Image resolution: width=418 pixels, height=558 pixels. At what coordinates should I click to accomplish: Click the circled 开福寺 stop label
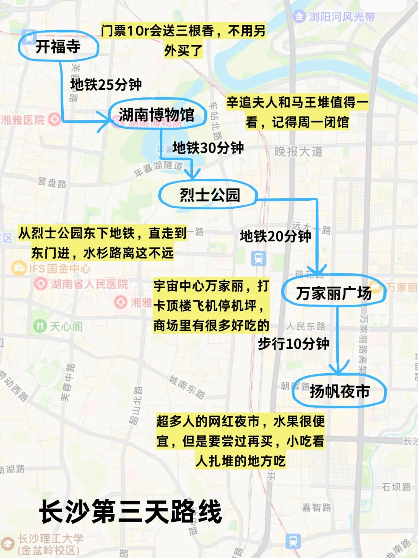58,47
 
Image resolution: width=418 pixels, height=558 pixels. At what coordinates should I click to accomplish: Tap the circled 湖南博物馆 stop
156,114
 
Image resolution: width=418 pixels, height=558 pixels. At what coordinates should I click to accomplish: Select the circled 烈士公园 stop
209,195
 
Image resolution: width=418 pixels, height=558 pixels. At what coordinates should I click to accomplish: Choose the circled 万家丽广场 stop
334,293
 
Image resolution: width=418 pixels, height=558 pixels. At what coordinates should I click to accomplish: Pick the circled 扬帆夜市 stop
339,391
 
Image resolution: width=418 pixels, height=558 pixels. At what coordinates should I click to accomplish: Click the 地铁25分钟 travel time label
106,84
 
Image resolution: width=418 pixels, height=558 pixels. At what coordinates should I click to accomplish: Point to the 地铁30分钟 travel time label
208,148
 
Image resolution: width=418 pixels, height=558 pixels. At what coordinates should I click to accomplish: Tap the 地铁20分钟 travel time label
275,236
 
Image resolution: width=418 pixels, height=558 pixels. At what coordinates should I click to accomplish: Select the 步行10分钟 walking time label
293,343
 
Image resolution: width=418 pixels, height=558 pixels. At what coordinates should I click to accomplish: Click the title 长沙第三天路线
130,511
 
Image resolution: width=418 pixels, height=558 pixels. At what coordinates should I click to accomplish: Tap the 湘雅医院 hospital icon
55,119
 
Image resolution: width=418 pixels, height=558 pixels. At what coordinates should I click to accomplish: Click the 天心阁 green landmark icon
39,326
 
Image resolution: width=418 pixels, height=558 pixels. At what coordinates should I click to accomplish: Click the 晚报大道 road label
298,152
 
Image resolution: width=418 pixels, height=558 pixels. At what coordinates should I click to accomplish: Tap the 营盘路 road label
52,182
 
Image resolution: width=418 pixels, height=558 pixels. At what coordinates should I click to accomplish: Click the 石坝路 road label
396,487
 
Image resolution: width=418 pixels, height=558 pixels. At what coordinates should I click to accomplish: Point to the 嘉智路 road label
317,507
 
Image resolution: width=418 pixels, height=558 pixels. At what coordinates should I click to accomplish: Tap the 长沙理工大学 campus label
50,539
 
